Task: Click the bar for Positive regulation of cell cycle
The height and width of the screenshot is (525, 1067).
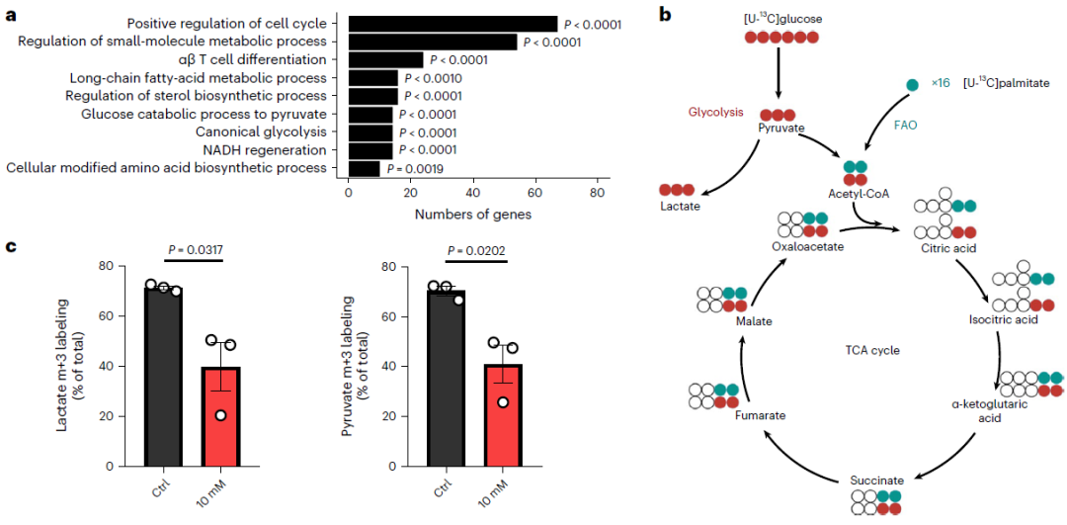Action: coord(452,24)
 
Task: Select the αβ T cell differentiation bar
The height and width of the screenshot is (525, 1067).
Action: coord(385,60)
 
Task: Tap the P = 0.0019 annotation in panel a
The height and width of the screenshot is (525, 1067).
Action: coord(415,168)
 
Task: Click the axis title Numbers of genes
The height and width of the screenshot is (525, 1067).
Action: coord(472,214)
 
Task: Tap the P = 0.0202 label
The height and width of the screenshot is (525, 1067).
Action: coord(476,249)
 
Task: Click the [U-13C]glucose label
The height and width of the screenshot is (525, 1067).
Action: coord(782,18)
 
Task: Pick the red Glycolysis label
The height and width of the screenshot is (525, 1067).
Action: coord(715,112)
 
